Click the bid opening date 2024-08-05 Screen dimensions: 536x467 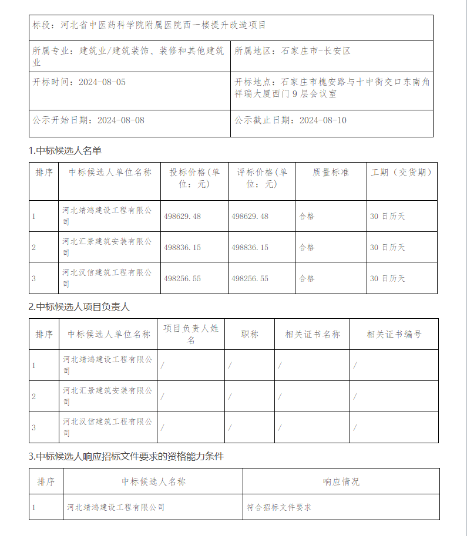pos(102,82)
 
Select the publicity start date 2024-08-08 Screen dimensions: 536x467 pos(120,120)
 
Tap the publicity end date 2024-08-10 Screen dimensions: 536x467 pos(322,120)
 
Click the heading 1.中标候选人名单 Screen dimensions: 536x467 pos(65,151)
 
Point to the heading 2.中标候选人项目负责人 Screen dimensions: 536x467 pos(79,307)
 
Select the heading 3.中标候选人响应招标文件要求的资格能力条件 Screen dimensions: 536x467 pos(126,456)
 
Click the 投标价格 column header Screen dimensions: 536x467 pos(194,178)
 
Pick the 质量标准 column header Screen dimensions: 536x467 pos(330,173)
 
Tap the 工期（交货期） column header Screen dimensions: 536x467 pos(401,173)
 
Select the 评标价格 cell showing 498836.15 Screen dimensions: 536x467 pos(250,247)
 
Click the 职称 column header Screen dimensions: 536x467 pos(250,334)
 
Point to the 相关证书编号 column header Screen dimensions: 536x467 pos(394,334)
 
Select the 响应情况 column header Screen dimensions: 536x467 pos(341,482)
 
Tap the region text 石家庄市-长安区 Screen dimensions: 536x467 pos(315,51)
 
